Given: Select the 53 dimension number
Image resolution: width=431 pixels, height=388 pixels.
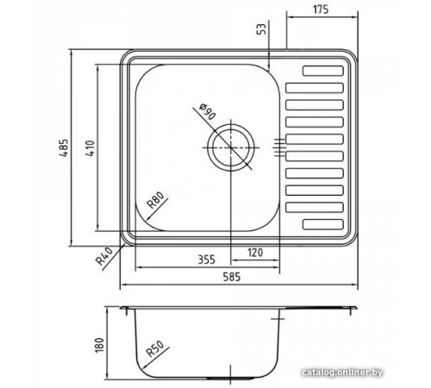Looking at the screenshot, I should click(x=263, y=31).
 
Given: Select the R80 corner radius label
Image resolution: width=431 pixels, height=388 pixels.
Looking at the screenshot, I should click(x=156, y=202).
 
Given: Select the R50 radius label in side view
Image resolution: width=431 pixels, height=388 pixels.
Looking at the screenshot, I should click(x=155, y=350).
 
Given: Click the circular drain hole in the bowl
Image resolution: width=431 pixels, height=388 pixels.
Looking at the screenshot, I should click(x=229, y=147).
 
